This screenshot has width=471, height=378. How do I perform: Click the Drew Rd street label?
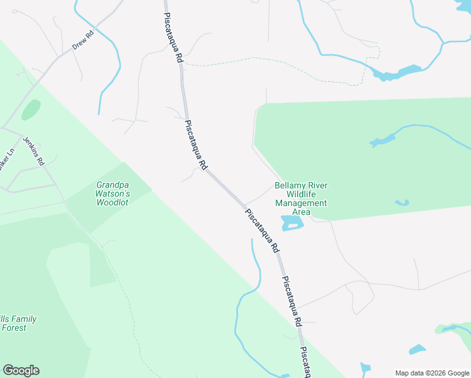click(x=82, y=40)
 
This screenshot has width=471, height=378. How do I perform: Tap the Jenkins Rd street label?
click(x=33, y=152)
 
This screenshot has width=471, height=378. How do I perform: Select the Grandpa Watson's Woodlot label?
click(x=112, y=194)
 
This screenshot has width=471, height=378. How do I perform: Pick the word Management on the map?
click(x=301, y=203)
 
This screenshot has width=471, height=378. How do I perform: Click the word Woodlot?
click(x=112, y=203)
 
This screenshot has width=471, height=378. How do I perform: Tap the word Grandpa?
click(x=112, y=185)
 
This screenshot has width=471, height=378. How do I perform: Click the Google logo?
click(x=21, y=370)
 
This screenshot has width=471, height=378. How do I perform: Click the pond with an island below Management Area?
click(x=292, y=222)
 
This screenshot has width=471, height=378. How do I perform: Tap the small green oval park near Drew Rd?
click(x=31, y=110)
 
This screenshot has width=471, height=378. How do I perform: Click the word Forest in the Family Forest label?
click(x=14, y=328)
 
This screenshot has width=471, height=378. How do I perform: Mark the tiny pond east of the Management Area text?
click(x=402, y=203)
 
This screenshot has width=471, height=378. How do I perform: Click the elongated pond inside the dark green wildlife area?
click(x=383, y=141)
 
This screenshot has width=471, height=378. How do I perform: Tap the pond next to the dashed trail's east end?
click(x=397, y=73)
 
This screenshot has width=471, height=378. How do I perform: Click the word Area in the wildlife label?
click(x=301, y=212)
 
